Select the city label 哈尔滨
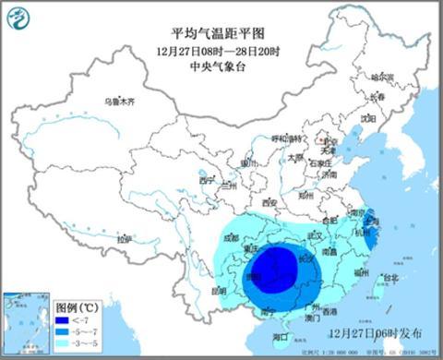point(381,76)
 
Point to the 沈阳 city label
point(368,118)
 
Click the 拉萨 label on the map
point(124,238)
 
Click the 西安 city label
point(269,202)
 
